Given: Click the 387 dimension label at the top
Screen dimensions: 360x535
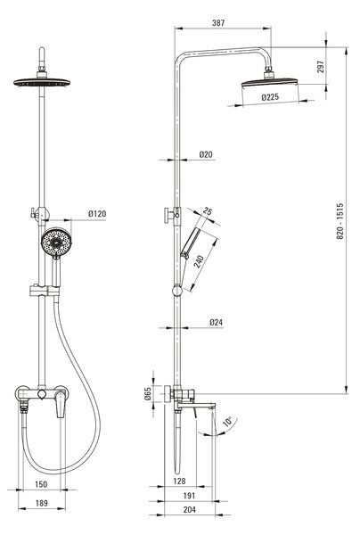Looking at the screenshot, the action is pos(218,23).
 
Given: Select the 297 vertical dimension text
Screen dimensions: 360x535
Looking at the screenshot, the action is pos(321,67).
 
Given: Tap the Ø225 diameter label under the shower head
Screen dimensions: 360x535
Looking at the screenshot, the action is pos(270,97).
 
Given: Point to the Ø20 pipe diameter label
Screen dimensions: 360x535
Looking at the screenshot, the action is pos(206,154).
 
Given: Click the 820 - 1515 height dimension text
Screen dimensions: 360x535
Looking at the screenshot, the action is pos(340,221).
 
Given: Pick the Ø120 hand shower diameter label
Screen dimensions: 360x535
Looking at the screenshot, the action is pos(97,214).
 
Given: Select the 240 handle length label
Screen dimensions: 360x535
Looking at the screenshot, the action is pos(199,261).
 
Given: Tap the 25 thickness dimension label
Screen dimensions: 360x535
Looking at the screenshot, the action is pos(208,211).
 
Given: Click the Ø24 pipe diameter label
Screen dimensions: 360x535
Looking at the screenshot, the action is pos(217,322).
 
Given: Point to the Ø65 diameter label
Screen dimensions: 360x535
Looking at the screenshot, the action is pos(148,393).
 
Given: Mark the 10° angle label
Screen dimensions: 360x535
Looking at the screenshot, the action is pos(227,422).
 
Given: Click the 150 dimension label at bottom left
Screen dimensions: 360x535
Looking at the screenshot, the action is pos(41,484).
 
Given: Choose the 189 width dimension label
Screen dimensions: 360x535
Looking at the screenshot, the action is pos(42,503).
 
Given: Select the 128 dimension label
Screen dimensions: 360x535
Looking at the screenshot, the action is pos(179,481).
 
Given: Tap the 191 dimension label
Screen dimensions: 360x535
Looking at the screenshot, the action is pos(189,496).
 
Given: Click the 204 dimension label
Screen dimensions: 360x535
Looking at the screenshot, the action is pos(190,510).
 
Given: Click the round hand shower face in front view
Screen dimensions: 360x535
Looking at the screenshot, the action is pos(56,242).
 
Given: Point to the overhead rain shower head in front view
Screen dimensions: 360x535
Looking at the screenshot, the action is pos(42,82).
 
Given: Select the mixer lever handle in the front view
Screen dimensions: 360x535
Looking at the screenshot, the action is pos(61,404).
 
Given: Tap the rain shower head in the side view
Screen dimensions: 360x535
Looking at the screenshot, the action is pos(269,83).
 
